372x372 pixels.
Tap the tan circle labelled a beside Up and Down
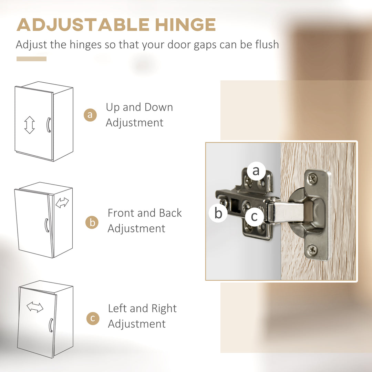[90, 115]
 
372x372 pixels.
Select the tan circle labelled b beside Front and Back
[92, 222]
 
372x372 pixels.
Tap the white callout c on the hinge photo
[254, 217]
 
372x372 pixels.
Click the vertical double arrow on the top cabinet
[30, 125]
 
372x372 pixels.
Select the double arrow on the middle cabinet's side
[62, 203]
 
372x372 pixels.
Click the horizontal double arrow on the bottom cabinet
[35, 307]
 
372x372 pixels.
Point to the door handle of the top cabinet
[49, 125]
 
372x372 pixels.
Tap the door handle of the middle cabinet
[47, 225]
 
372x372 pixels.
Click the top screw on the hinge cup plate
[312, 178]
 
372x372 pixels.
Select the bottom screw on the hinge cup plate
[312, 249]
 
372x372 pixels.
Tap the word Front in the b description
[121, 213]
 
